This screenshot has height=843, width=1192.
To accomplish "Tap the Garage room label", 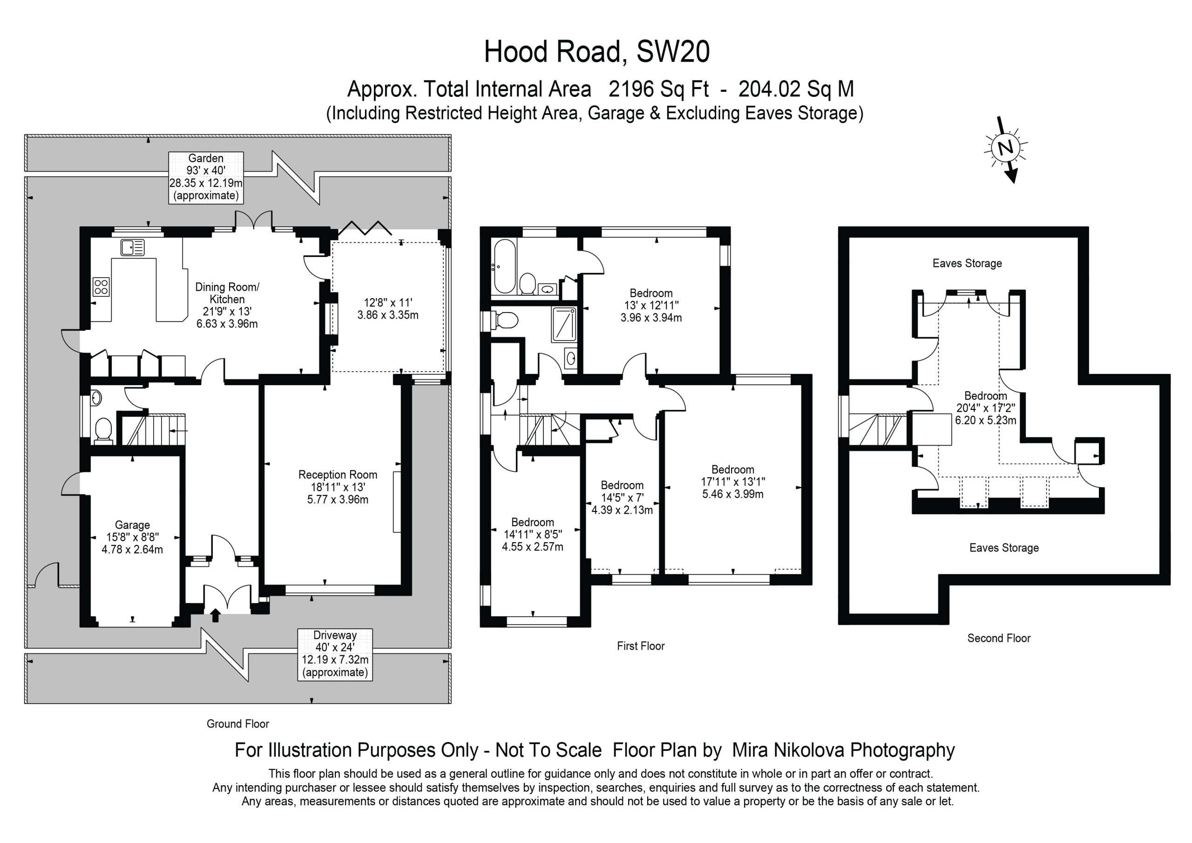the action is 132,537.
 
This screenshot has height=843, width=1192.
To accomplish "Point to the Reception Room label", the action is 338,487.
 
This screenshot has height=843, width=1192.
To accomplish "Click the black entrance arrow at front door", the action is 216,616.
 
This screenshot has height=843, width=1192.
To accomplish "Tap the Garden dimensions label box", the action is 206,177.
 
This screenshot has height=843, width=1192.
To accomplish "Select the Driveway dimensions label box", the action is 335,654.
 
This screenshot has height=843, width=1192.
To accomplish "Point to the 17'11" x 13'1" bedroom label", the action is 732,482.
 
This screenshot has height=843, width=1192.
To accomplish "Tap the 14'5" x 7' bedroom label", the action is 622,497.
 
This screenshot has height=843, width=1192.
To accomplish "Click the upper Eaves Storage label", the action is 967,263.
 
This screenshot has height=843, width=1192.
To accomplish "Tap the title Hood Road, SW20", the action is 596,52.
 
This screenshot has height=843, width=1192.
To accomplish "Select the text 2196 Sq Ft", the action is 658,89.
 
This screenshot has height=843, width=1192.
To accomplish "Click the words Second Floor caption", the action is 998,639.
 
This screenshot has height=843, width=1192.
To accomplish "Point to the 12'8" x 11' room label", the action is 387,308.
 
